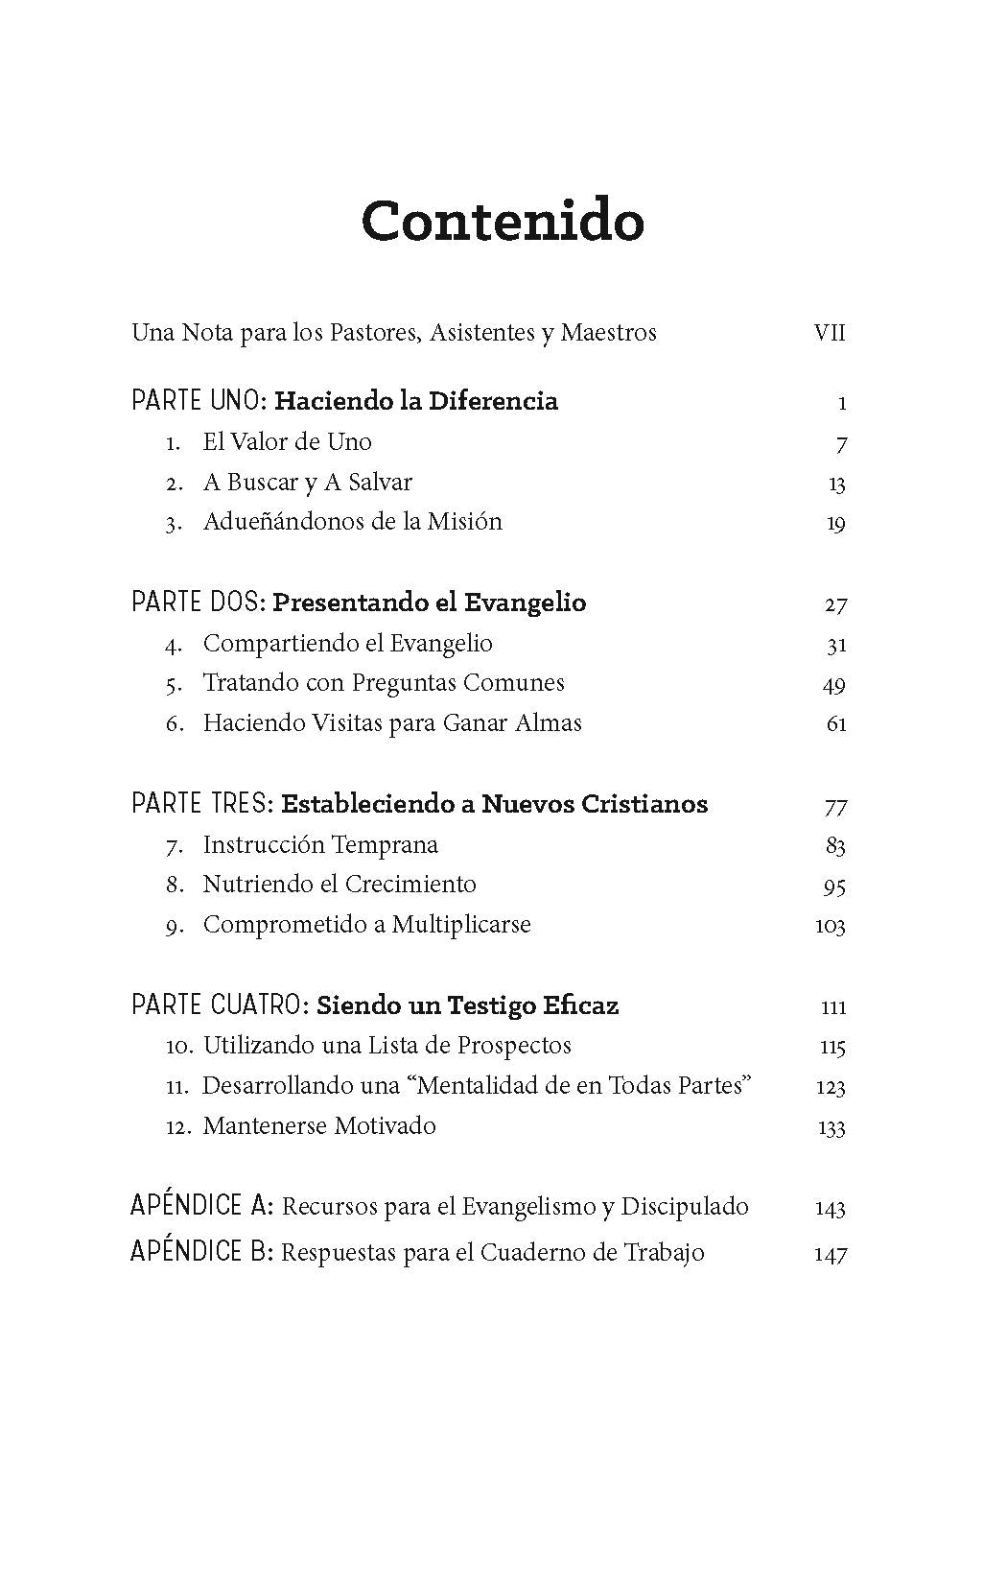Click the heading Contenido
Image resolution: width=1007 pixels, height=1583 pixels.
[503, 221]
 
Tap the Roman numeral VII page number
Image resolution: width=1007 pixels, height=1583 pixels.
[830, 333]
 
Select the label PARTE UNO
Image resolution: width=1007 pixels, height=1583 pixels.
[198, 401]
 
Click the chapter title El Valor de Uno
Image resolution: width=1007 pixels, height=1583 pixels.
[287, 442]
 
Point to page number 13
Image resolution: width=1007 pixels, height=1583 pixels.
[836, 484]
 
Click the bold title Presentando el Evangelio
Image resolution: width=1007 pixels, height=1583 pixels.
[429, 602]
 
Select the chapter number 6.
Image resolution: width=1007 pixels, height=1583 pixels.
[174, 723]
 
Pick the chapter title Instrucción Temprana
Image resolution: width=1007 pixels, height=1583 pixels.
[320, 845]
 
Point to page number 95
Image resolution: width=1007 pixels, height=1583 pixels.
[834, 886]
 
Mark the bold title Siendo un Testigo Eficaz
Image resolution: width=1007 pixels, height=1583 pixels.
[467, 1005]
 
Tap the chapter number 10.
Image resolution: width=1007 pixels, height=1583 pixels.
[178, 1046]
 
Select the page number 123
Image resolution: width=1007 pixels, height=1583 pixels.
[831, 1086]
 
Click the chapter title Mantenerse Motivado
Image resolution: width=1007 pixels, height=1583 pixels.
[319, 1125]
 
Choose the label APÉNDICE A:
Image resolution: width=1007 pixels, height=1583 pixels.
[202, 1206]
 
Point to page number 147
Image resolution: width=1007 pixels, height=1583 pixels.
[831, 1253]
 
